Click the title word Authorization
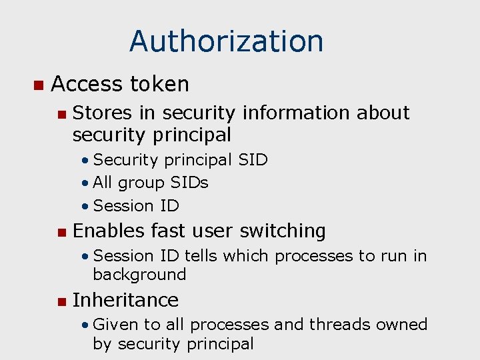point(226,41)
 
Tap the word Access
point(87,84)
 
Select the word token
point(160,84)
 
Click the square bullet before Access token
point(38,85)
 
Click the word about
point(383,113)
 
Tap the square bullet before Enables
point(62,232)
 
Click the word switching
point(283,231)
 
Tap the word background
point(139,274)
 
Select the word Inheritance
point(125,300)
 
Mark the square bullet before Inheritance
point(62,301)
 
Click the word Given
point(117,325)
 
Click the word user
point(217,231)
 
